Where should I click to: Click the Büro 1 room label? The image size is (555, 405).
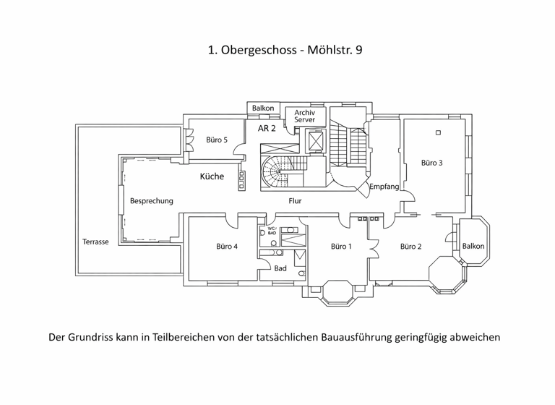341,247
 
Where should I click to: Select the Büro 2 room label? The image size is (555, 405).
410,247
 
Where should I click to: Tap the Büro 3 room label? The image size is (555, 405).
431,163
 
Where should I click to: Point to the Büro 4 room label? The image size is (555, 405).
226,247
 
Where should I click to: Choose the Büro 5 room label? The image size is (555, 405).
217,140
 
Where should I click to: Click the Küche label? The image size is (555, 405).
212,176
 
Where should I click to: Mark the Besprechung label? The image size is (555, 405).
151,201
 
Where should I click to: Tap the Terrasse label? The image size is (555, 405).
95,242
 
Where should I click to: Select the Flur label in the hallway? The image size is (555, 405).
295,201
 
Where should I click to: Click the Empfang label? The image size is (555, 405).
384,187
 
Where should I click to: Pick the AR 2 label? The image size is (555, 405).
267,128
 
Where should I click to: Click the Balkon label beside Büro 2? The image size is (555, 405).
473,246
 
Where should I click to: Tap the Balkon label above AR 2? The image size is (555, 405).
262,108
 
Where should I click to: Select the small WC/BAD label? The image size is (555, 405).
272,231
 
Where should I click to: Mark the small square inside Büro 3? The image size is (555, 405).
438,132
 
